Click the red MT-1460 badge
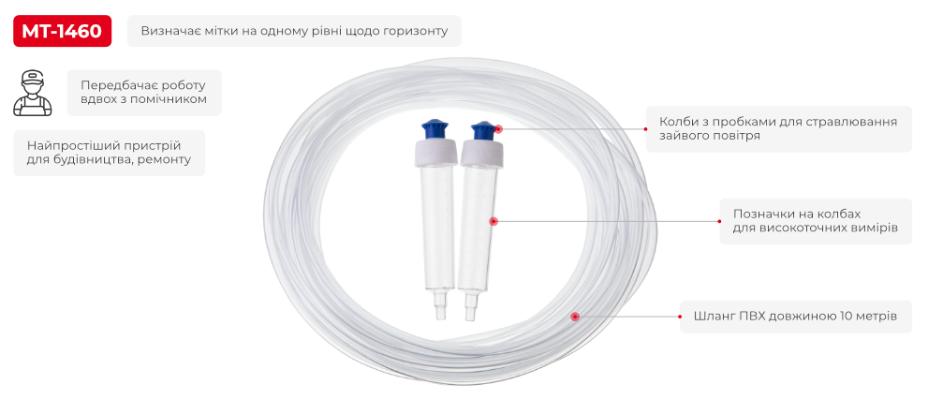click(x=62, y=31)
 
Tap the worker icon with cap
click(x=33, y=93)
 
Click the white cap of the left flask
click(x=435, y=153)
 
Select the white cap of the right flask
click(x=481, y=155)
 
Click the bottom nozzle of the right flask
click(x=470, y=306)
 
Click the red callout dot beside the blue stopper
click(x=498, y=128)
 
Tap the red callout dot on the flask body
click(x=493, y=221)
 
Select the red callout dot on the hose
click(x=574, y=317)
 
